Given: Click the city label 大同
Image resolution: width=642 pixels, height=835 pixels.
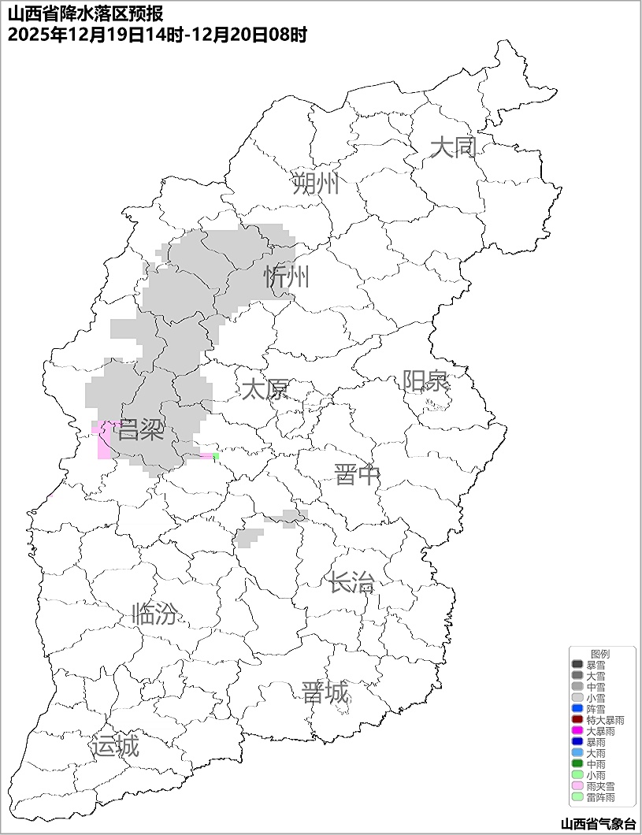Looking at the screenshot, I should point(454,147).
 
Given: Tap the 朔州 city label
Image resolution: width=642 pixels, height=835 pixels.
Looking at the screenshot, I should point(316,184).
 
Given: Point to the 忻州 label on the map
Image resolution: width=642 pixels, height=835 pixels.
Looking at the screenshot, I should point(287,277).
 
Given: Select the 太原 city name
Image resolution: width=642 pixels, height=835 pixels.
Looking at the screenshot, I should point(265,389).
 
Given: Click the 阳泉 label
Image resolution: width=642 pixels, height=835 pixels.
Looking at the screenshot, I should point(426,380).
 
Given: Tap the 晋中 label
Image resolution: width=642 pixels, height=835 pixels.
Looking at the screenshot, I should point(357,475).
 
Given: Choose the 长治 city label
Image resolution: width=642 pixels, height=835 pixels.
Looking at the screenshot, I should point(351,583).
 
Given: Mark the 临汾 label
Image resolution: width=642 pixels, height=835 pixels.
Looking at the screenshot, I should point(155,613).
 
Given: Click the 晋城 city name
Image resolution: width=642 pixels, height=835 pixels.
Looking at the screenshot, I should point(325,693).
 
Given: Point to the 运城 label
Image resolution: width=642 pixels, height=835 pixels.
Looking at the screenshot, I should point(115,745).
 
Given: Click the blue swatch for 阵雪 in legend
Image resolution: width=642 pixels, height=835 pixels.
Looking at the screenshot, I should point(577,709).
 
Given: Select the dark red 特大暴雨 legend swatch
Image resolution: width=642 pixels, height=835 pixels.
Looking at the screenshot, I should point(577,720).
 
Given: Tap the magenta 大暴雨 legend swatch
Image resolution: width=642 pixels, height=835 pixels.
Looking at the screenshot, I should point(577,731).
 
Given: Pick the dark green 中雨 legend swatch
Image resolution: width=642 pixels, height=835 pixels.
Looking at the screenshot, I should point(577,764).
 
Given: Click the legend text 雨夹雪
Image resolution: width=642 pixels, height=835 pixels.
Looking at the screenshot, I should point(600,786).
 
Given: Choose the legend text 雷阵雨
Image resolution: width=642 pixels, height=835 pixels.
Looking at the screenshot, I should point(600,797).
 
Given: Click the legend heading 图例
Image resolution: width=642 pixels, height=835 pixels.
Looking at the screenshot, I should point(600,654).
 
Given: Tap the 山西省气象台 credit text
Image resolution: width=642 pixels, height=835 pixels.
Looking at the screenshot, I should point(598,824).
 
